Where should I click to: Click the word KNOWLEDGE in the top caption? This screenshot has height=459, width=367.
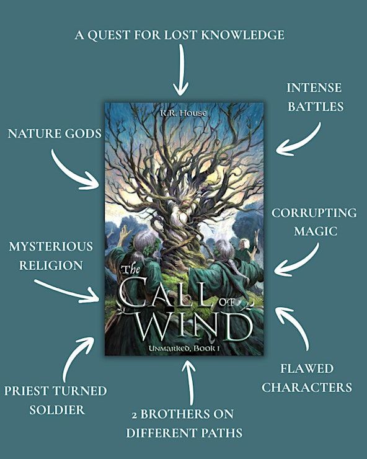[242, 35]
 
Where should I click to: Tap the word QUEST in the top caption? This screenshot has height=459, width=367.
[108, 35]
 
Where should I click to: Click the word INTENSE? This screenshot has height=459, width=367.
[314, 87]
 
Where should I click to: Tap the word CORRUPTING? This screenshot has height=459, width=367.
[314, 213]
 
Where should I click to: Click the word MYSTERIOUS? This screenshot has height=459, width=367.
[51, 246]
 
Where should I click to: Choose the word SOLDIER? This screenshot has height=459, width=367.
[57, 410]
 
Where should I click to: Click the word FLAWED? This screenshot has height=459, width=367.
[307, 368]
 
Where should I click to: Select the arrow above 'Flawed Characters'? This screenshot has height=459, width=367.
[296, 325]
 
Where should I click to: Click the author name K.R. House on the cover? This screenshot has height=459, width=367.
[183, 113]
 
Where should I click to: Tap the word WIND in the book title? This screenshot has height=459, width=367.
[194, 325]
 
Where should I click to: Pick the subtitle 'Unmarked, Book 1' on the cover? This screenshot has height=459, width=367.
[184, 349]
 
